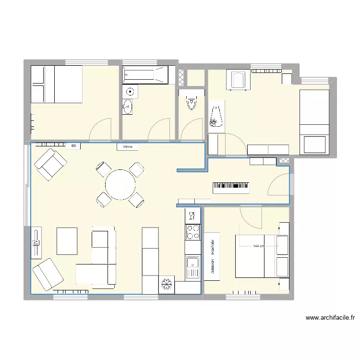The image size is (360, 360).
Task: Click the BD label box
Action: pyautogui.click(x=73, y=146)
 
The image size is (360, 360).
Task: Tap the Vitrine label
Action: pyautogui.click(x=128, y=147)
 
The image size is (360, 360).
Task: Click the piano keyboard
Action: pyautogui.click(x=230, y=188)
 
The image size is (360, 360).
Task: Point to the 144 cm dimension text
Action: pyautogui.click(x=258, y=246)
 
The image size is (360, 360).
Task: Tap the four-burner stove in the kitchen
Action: pyautogui.click(x=193, y=232)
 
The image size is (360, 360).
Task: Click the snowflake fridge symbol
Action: pyautogui.click(x=168, y=284)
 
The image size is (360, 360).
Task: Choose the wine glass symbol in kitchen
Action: pyautogui.click(x=192, y=215)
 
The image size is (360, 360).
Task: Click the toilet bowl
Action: pyautogui.click(x=192, y=103)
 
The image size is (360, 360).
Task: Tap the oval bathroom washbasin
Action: pyautogui.click(x=128, y=107)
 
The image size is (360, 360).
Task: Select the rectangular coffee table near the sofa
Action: pyautogui.click(x=67, y=241)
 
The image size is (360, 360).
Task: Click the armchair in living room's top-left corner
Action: pyautogui.click(x=50, y=164)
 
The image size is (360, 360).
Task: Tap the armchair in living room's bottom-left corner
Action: pyautogui.click(x=48, y=274)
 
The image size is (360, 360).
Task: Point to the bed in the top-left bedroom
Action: pyautogui.click(x=57, y=84)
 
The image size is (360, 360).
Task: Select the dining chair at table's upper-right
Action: pyautogui.click(x=136, y=170)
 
